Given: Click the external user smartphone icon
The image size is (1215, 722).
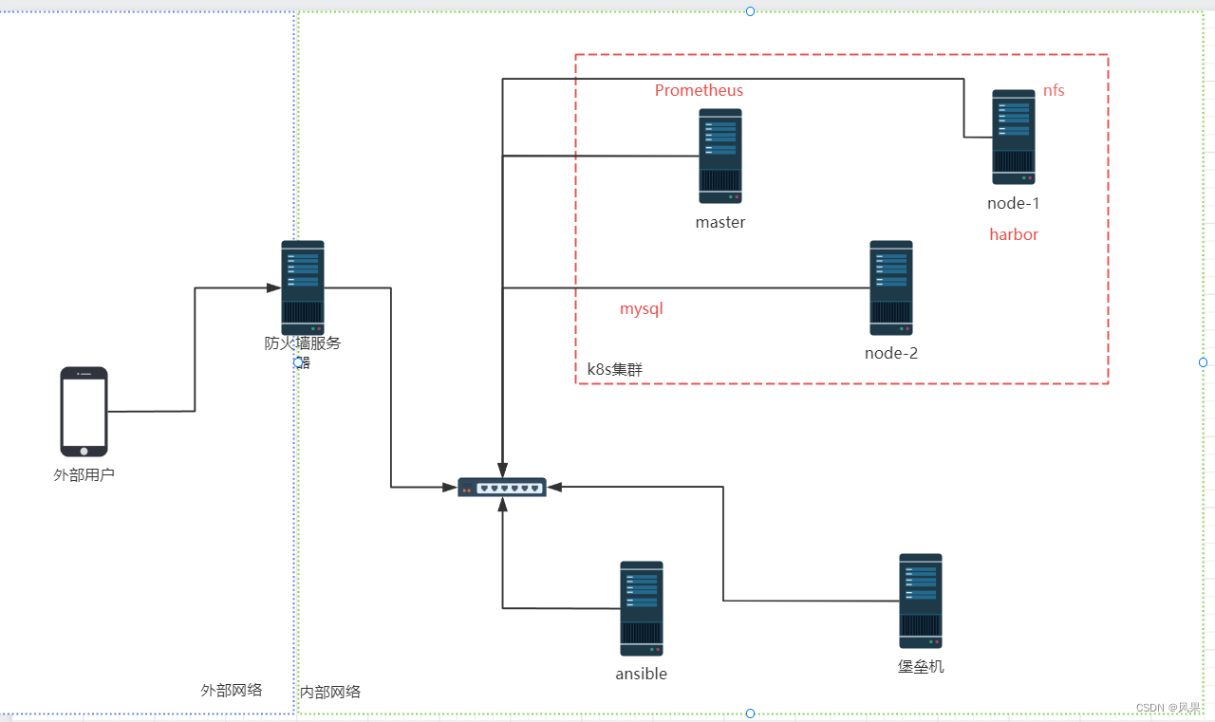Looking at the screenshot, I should [84, 412].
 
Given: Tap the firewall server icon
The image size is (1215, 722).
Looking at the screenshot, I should [303, 287].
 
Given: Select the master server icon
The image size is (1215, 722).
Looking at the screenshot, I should [720, 156].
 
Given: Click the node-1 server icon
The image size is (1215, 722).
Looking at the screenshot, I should [1014, 137].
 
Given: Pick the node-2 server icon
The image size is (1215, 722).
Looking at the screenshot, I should [891, 287].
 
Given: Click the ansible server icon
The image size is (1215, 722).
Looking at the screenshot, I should [642, 608].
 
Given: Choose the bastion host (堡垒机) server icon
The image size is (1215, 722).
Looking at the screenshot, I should [921, 601].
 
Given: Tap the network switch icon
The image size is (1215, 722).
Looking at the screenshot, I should [502, 487].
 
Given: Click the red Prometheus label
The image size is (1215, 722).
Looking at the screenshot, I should [699, 91].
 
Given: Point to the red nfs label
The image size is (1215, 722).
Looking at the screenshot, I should [1054, 91].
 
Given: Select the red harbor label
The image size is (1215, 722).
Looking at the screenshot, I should [1014, 234].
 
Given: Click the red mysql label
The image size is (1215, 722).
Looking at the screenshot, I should [641, 309].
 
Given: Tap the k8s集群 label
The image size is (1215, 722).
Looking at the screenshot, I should [614, 369].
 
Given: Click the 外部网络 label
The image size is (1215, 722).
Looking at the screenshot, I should [232, 690].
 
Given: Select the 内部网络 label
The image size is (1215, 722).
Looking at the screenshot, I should [330, 692].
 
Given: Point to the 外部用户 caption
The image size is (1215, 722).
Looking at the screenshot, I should [84, 474].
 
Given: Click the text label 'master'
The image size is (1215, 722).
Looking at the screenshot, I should [720, 223].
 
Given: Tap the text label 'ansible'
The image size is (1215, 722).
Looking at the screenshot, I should [642, 674].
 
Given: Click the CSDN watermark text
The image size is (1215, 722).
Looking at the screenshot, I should [1168, 708].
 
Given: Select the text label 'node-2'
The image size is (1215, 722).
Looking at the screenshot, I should [891, 354].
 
